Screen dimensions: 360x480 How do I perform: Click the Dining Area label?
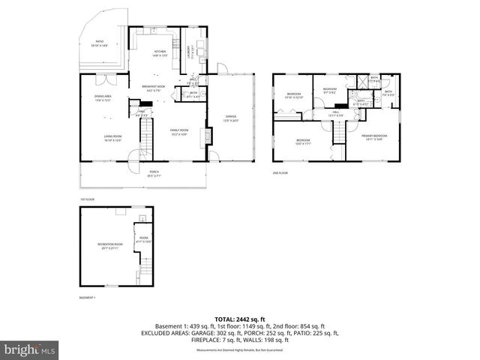click(103, 98)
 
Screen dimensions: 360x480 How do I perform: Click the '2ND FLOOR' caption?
click(280, 172)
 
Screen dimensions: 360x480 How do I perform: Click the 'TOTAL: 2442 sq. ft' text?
click(239, 319)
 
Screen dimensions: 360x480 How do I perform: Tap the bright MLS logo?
click(30, 349)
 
